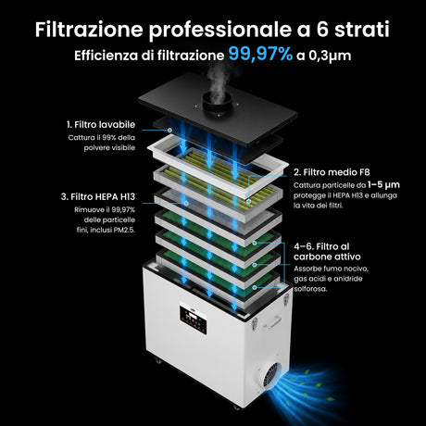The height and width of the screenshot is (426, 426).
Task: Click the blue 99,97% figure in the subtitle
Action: [260, 54]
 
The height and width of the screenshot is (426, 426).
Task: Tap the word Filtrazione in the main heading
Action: [89, 30]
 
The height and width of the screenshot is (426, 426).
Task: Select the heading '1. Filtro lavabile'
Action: [101, 124]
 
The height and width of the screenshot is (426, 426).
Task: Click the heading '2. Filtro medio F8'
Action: [332, 172]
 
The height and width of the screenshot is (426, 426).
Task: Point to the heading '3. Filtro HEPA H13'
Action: [98, 196]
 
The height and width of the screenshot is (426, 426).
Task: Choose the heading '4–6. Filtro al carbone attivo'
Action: [327, 252]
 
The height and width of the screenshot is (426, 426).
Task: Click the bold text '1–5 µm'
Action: [383, 185]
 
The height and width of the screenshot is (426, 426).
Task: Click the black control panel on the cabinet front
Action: [194, 319]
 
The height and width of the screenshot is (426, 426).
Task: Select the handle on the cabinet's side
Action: [271, 321]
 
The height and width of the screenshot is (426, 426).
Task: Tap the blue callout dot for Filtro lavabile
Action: [169, 131]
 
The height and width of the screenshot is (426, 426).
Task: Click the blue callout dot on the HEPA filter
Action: [186, 203]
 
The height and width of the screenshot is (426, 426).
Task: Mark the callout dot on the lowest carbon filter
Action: [255, 287]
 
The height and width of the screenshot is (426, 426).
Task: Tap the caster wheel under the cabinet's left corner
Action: [158, 360]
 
